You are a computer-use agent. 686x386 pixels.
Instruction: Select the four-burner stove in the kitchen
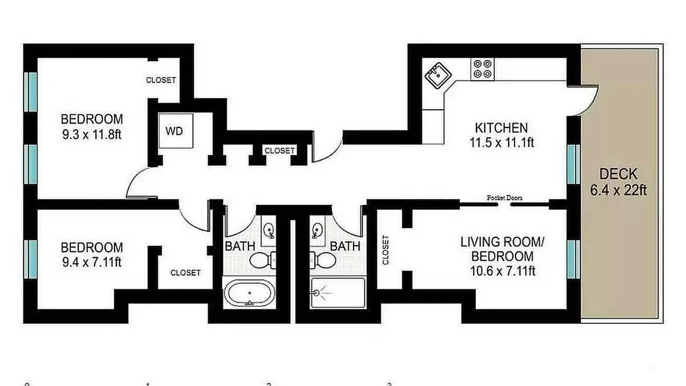pyautogui.click(x=482, y=69)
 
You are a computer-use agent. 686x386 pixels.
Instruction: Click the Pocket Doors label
pyautogui.click(x=504, y=198)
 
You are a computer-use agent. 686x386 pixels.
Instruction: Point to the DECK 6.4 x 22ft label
pyautogui.click(x=618, y=182)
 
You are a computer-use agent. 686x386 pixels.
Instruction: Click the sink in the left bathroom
pyautogui.click(x=269, y=230)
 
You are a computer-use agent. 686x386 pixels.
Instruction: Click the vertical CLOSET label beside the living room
pyautogui.click(x=385, y=250)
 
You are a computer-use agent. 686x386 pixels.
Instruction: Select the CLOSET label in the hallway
pyautogui.click(x=280, y=151)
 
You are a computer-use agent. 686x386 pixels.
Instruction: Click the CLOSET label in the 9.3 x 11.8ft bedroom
pyautogui.click(x=161, y=80)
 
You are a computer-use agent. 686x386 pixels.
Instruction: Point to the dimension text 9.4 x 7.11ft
pyautogui.click(x=92, y=263)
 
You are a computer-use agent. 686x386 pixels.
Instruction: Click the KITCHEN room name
pyautogui.click(x=501, y=128)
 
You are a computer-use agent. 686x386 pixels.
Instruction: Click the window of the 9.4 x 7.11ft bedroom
pyautogui.click(x=31, y=260)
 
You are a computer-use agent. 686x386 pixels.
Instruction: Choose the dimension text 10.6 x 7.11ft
pyautogui.click(x=502, y=271)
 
